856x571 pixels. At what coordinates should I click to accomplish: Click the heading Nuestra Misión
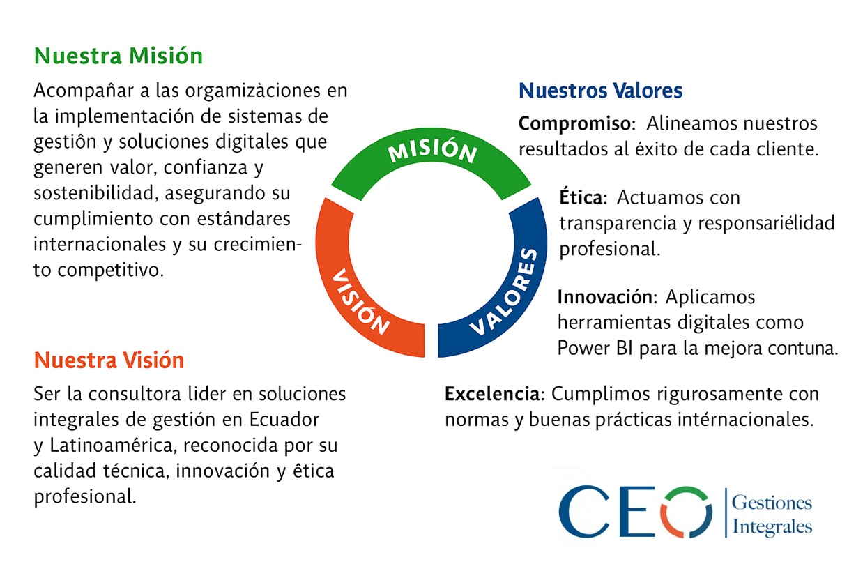tap(119, 56)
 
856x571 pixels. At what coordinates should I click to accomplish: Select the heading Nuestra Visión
tap(109, 360)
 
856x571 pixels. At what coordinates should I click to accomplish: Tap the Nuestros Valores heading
tap(600, 91)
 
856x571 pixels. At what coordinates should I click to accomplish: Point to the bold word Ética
tap(581, 198)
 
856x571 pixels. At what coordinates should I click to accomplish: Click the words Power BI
tap(590, 349)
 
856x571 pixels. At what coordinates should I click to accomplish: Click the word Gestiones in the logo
tap(772, 503)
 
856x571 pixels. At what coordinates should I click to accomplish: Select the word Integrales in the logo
tap(772, 526)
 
